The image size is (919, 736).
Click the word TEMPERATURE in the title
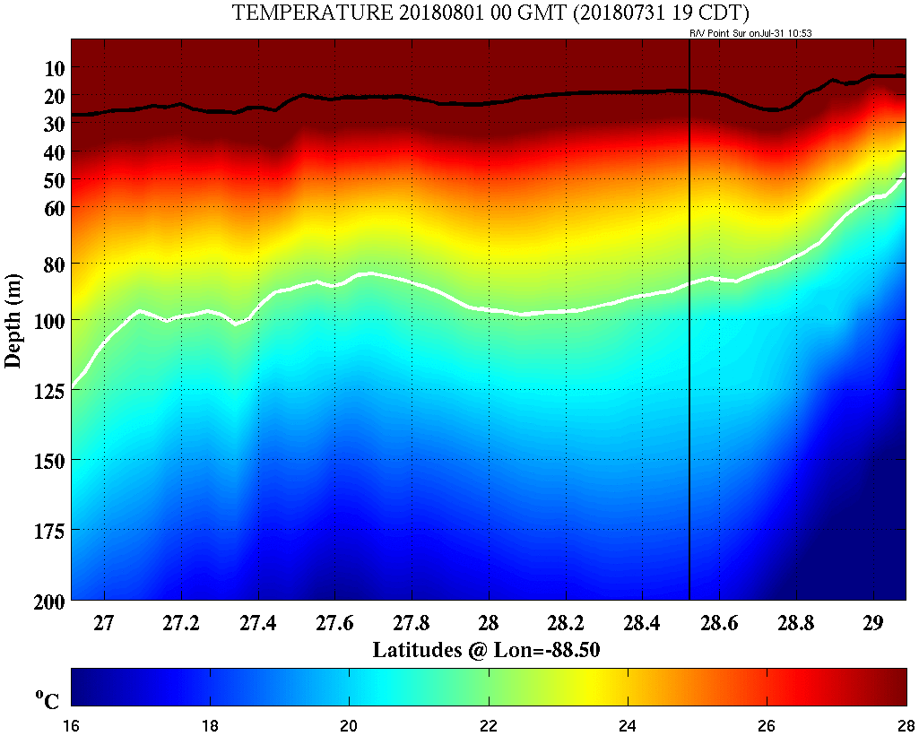pos(299,13)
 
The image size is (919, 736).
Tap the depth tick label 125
pos(46,390)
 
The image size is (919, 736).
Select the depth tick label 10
pos(51,68)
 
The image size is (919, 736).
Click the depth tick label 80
pos(51,264)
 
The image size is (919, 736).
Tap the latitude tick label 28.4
pos(642,622)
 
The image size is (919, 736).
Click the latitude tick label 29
pos(872,622)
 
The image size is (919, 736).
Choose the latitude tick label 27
pos(105,622)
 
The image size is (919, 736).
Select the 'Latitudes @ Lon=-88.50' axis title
pos(486,649)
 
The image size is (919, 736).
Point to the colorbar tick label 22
pos(489,725)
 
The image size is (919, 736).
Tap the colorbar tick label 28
pos(906,725)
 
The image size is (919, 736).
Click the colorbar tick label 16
pos(72,725)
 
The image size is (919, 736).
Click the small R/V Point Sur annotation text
pos(750,33)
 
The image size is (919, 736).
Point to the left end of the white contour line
pos(73,386)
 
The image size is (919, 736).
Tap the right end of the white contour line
pos(904,174)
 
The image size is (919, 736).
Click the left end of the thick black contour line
pos(73,115)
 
